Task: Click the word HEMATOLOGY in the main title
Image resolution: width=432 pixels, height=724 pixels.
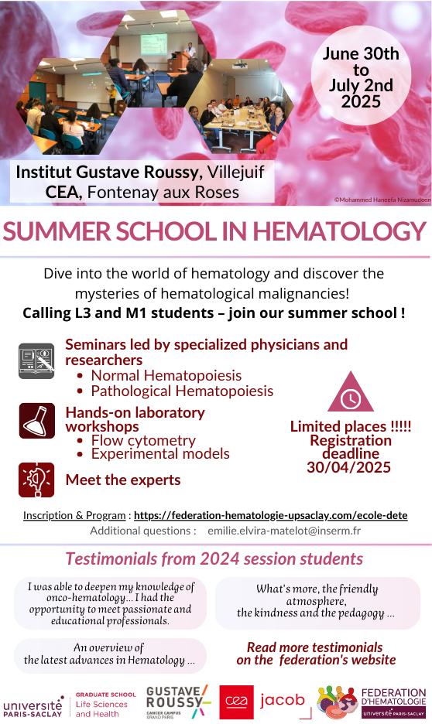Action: [339, 231]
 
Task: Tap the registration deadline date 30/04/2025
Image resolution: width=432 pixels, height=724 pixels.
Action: [349, 467]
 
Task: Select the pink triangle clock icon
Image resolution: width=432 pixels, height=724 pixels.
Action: [350, 391]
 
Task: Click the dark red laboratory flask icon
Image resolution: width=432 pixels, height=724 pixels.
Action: [36, 421]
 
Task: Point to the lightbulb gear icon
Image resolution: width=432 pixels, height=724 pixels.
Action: [36, 480]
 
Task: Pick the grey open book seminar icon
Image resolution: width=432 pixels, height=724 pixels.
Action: [36, 361]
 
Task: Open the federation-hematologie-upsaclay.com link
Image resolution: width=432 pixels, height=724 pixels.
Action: [271, 515]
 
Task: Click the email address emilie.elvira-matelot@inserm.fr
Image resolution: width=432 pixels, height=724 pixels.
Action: [284, 531]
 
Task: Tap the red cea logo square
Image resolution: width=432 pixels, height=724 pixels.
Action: [237, 702]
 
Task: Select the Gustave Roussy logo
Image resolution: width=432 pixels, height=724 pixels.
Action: [178, 702]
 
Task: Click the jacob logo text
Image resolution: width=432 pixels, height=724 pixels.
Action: [283, 700]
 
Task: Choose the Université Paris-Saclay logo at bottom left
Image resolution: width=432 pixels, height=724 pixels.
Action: [33, 706]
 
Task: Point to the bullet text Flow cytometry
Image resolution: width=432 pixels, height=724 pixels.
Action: [143, 440]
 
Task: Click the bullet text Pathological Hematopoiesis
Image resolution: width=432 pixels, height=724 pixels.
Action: [182, 391]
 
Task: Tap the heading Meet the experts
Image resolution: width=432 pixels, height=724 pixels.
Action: [123, 480]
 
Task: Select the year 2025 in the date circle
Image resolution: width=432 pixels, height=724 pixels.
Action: [361, 101]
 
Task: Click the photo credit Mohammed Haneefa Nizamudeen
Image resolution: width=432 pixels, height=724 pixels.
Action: [382, 200]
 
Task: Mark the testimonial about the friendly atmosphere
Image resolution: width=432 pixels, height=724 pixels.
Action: [317, 602]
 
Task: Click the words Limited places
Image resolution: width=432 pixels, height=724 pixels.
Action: [338, 426]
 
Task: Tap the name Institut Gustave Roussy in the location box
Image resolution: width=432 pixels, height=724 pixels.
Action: [107, 172]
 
